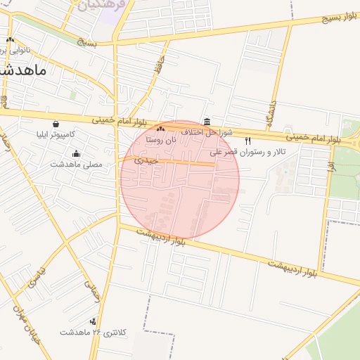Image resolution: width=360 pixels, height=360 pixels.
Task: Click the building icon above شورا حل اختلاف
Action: click(x=207, y=122)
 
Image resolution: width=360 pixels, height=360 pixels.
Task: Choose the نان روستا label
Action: click(x=160, y=140)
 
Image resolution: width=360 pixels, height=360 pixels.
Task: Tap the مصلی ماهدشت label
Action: click(x=76, y=165)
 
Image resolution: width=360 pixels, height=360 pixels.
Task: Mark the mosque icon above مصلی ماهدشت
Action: click(x=76, y=154)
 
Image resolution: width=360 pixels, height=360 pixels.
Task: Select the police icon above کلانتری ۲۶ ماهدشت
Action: click(x=93, y=321)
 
